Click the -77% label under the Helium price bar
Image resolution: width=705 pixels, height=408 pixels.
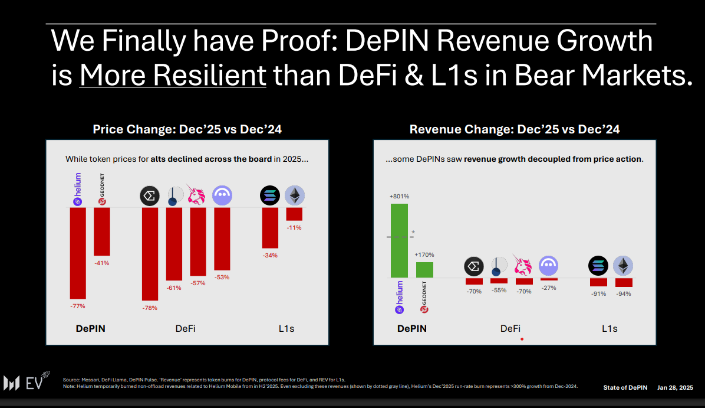point(78,306)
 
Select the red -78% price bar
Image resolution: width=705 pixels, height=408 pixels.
point(150,254)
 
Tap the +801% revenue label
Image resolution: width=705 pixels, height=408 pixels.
point(399,196)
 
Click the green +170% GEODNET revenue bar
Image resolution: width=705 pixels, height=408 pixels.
point(424,270)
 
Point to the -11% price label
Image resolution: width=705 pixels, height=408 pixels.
point(294,227)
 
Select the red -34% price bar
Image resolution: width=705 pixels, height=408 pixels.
point(270,227)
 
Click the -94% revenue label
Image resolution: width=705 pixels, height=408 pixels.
point(624,293)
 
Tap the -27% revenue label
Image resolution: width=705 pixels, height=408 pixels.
point(549,288)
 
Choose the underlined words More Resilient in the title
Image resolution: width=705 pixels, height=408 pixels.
point(173,76)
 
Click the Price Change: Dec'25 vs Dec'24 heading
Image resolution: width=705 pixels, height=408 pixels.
point(187,129)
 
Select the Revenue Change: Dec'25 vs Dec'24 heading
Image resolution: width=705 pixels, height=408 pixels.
point(515,129)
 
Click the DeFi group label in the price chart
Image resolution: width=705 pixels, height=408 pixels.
point(186,328)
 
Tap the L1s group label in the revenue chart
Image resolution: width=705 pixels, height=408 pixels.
point(610,328)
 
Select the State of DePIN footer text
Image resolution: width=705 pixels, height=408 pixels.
point(625,387)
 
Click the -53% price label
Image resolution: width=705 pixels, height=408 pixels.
point(222,277)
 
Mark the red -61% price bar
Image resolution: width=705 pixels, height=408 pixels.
point(174,244)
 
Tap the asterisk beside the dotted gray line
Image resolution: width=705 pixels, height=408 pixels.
point(413,233)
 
